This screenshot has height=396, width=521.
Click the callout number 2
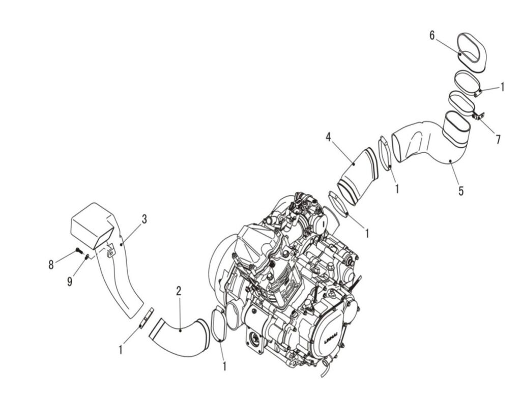(179, 292)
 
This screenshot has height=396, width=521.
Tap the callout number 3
(144, 219)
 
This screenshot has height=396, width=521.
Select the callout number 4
(328, 137)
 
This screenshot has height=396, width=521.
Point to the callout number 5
(461, 191)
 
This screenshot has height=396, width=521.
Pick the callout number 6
(432, 36)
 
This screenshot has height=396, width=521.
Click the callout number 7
(498, 140)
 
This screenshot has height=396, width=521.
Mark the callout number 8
(51, 265)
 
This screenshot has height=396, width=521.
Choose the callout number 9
(70, 281)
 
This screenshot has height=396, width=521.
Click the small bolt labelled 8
(79, 250)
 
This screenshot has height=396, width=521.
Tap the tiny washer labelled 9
(87, 257)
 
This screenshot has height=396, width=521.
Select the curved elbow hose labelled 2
(180, 337)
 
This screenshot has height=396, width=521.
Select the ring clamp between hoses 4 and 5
(386, 153)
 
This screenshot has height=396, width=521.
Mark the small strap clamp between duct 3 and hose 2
(146, 318)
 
